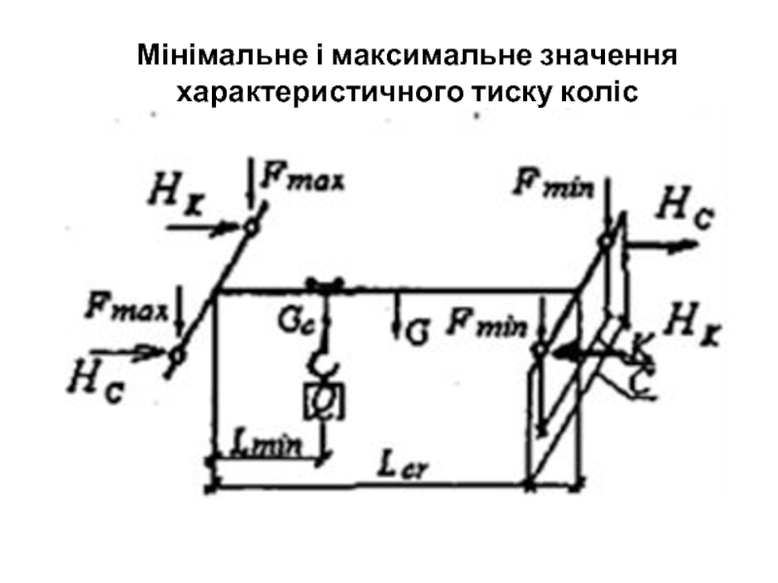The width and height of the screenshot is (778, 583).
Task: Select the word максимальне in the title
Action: tap(424, 53)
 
